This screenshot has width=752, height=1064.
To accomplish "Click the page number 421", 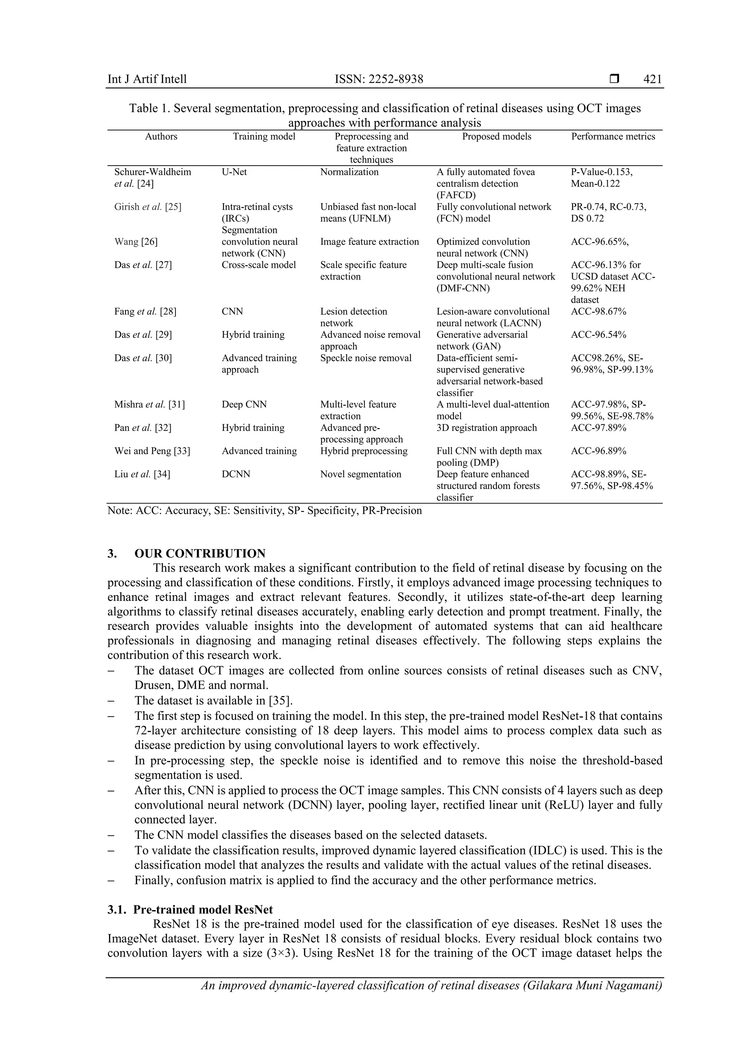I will pyautogui.click(x=652, y=79).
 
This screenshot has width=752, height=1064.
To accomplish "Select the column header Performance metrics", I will pyautogui.click(x=612, y=136).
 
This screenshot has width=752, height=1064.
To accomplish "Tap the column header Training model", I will pyautogui.click(x=264, y=136).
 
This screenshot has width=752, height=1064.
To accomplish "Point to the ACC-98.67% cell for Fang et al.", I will pyautogui.click(x=598, y=311).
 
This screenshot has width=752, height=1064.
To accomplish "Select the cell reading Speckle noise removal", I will pyautogui.click(x=366, y=358).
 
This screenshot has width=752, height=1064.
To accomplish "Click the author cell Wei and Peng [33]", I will pyautogui.click(x=152, y=451).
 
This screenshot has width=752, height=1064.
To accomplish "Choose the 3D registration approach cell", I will pyautogui.click(x=486, y=428).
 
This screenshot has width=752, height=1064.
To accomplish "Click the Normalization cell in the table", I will pyautogui.click(x=349, y=172).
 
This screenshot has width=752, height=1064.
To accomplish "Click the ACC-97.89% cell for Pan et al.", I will pyautogui.click(x=598, y=428).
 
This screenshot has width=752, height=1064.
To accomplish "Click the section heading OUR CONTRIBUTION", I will pyautogui.click(x=200, y=553).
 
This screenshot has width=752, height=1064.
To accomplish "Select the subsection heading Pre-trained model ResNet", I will pyautogui.click(x=203, y=909).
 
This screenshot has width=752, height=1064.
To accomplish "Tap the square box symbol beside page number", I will pyautogui.click(x=614, y=79).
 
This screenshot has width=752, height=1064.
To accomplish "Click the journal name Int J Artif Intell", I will pyautogui.click(x=147, y=79).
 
